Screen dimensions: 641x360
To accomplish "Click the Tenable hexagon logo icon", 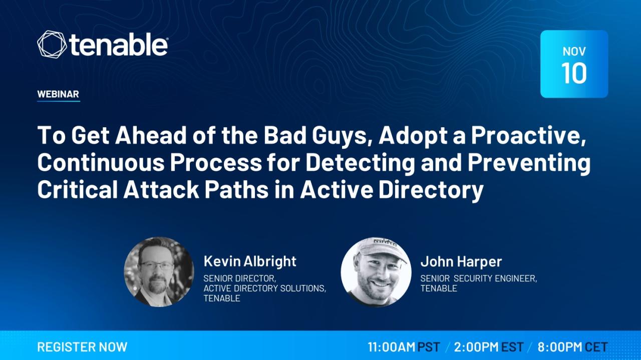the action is coord(52,45).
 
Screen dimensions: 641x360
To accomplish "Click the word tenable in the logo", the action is coord(119,45).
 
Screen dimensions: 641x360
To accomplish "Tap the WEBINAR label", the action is coord(58,94).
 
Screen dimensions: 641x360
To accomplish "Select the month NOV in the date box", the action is coord(574,52).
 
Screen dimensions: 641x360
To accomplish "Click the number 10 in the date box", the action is coord(574,73).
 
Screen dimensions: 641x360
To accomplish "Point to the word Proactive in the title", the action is coord(528,136).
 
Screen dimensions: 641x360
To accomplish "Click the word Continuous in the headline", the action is coord(101,162).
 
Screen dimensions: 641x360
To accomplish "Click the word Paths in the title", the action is coord(236,189).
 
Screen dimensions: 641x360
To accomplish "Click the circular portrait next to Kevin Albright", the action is coord(159,272).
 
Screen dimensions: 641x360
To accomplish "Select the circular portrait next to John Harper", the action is coord(376,272).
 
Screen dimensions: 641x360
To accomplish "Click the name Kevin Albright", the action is coord(250,261).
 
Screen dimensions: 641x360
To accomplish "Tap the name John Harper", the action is coord(461,261).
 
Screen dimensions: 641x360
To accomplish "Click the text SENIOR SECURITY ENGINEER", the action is coord(478,278).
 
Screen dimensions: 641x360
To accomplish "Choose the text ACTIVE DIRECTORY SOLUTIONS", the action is coord(265,288).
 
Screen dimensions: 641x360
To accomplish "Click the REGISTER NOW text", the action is coord(82,347).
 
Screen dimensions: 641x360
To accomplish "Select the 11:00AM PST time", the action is coord(404,347).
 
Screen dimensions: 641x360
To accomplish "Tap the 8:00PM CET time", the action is coord(572,347).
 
